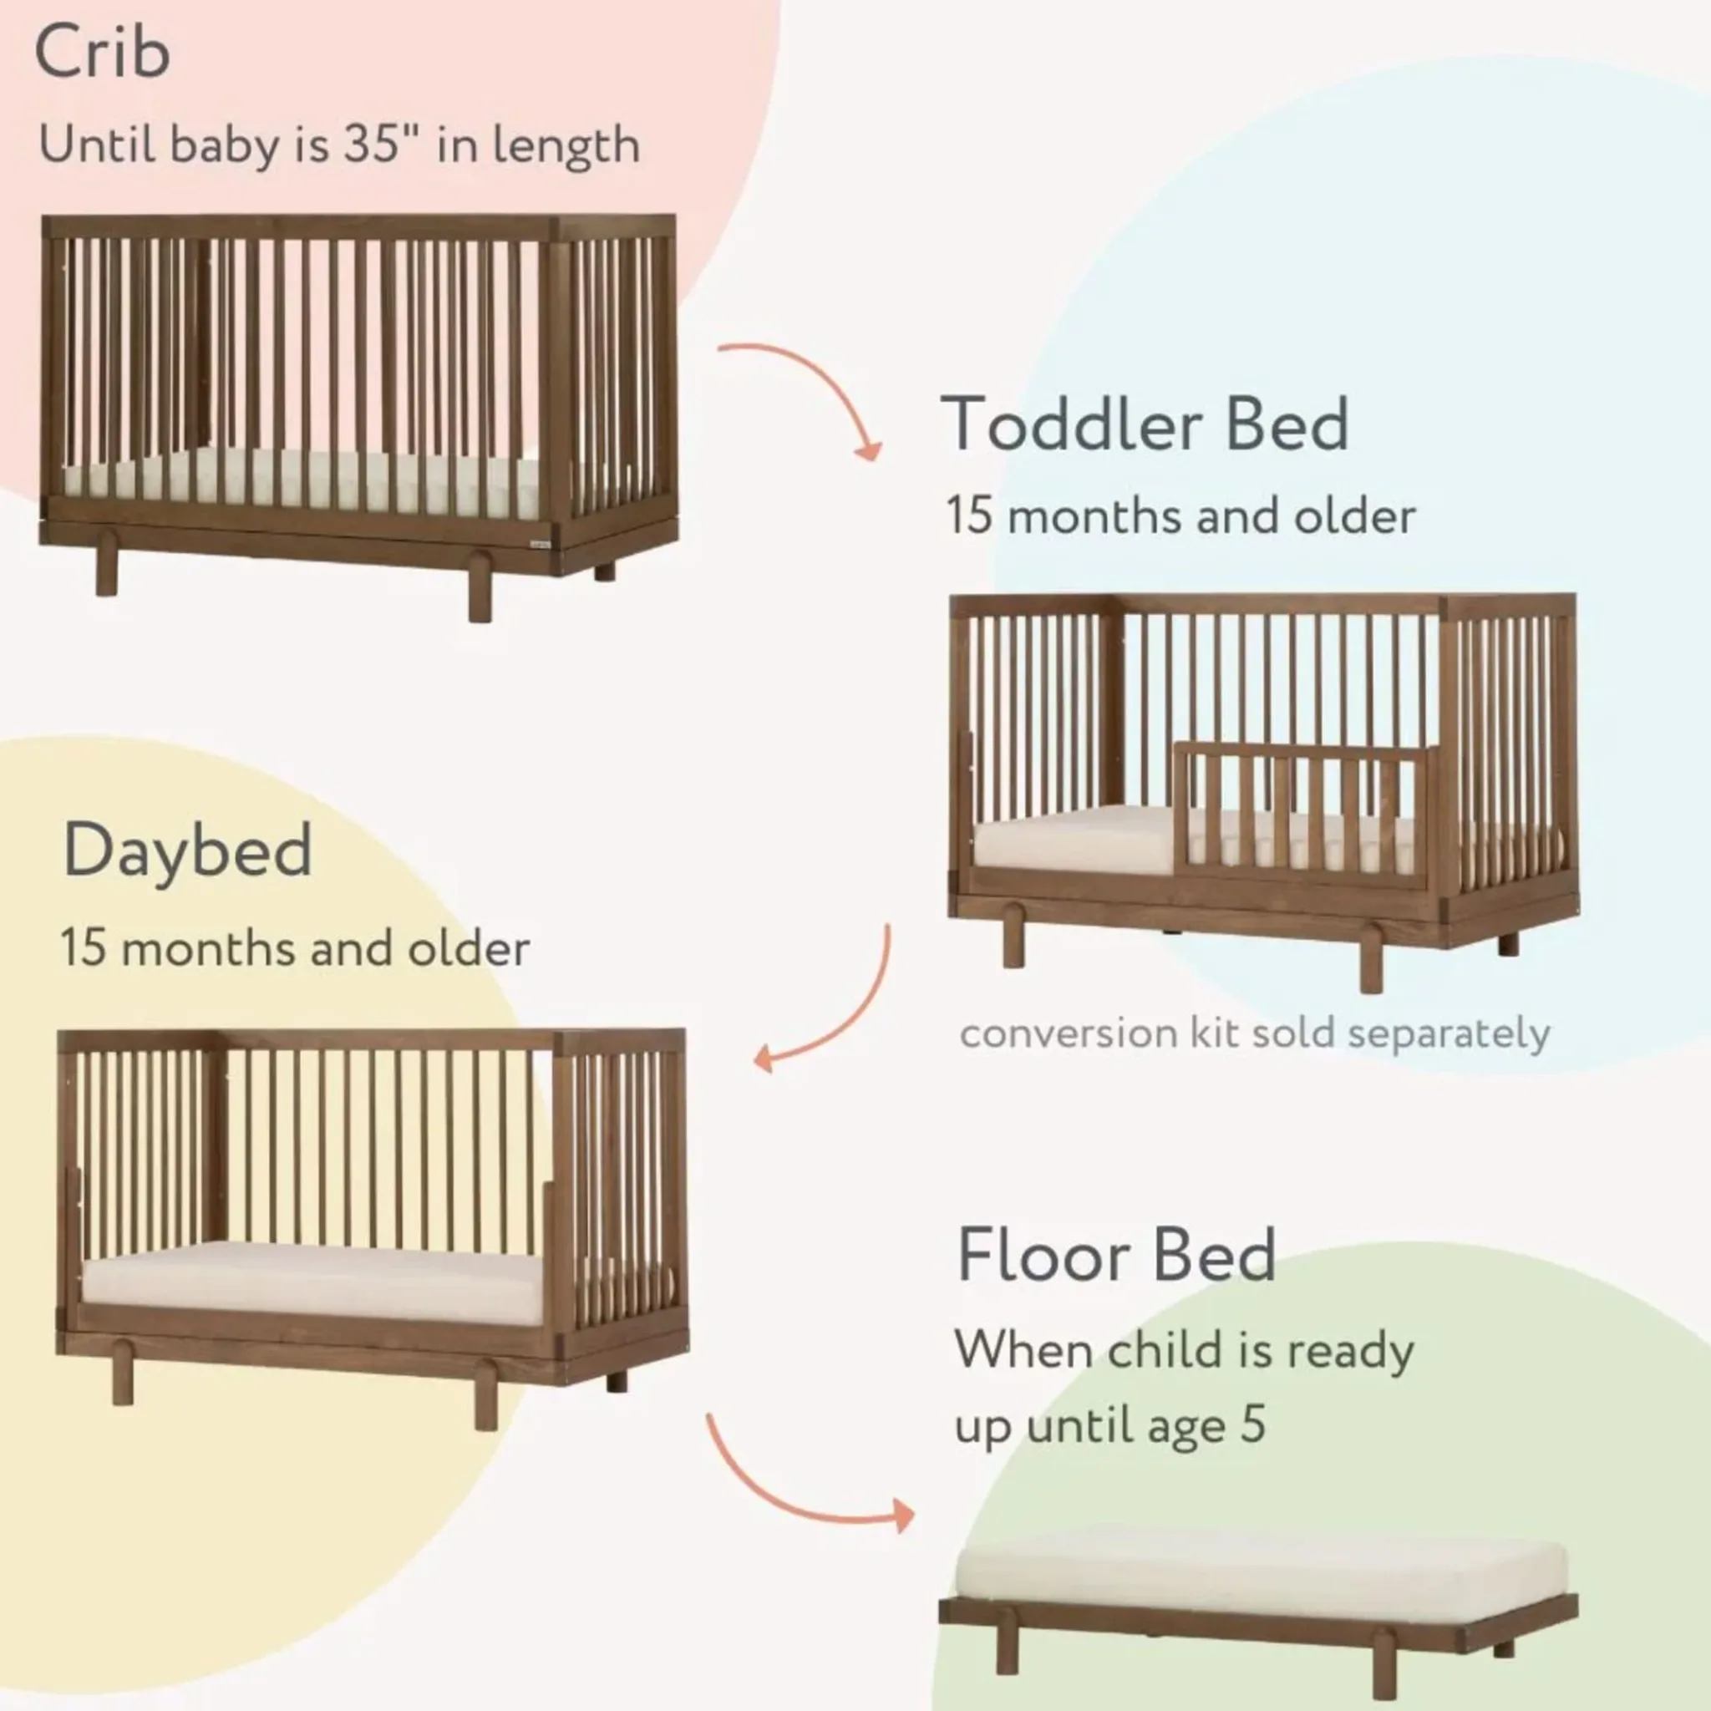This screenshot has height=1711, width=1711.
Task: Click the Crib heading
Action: pos(102,51)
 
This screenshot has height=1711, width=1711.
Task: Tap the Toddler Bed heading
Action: pos(1145,424)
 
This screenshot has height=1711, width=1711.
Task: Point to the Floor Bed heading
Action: pos(1116,1255)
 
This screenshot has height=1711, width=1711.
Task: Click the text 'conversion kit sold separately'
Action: pos(1255,1034)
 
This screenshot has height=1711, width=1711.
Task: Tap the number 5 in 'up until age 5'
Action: pos(1252,1424)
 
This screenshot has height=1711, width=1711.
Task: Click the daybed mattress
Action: pos(314,1272)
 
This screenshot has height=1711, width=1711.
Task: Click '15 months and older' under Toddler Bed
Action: pos(1180,515)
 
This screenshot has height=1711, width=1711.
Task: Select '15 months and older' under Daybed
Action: pos(295,947)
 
